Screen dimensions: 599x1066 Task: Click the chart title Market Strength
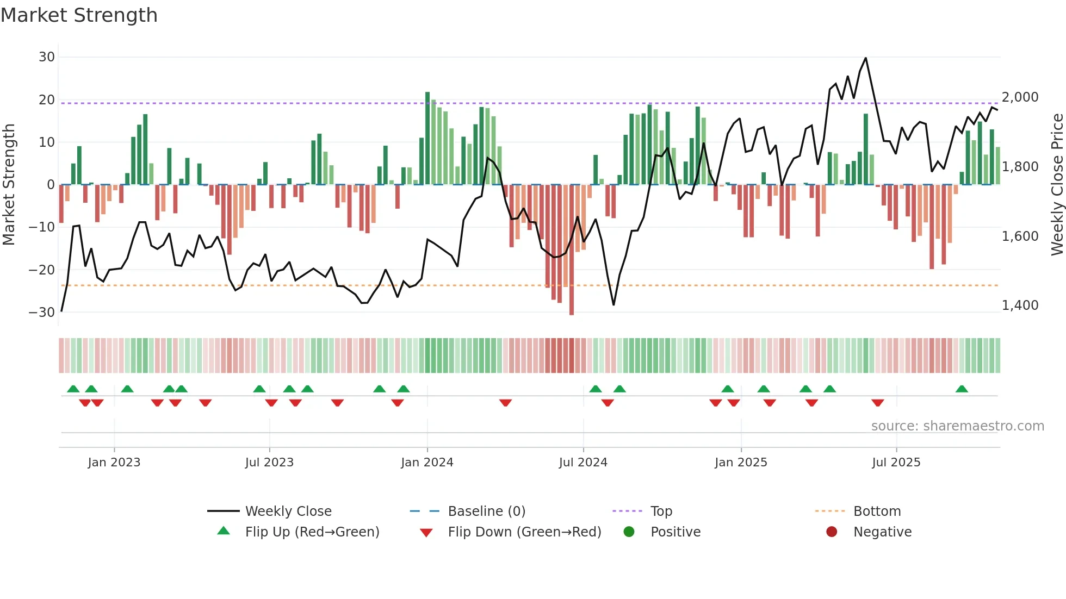click(x=79, y=15)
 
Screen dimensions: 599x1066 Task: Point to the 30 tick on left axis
click(x=47, y=57)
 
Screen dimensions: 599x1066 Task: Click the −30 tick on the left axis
click(x=42, y=313)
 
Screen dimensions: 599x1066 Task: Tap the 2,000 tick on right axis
click(x=1020, y=97)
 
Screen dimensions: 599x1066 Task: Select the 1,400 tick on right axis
click(x=1020, y=305)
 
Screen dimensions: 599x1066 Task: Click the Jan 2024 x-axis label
click(x=427, y=463)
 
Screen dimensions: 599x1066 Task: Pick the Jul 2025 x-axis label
click(x=896, y=463)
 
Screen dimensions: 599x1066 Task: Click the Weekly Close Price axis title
click(x=1057, y=185)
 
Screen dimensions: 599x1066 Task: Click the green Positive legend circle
click(x=629, y=532)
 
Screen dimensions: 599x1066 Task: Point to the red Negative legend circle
click(x=832, y=532)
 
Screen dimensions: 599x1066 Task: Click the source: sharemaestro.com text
click(x=957, y=426)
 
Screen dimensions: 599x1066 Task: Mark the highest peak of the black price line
click(x=866, y=58)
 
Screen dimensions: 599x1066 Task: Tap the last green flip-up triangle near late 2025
click(x=962, y=389)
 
